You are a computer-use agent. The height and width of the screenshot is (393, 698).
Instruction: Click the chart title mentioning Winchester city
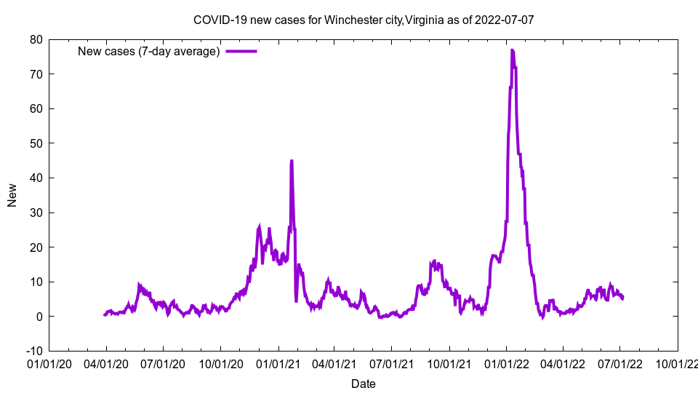click(x=364, y=20)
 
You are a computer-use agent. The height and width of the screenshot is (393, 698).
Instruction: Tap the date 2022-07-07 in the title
click(x=504, y=20)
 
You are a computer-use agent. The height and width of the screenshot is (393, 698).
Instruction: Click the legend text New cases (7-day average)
click(x=149, y=52)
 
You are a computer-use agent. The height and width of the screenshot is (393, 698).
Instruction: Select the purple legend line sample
click(x=241, y=52)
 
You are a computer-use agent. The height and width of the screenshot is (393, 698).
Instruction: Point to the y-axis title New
click(x=12, y=195)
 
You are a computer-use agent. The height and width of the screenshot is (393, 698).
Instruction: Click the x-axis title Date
click(x=364, y=384)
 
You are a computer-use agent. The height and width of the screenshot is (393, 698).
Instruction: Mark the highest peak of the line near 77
click(x=512, y=50)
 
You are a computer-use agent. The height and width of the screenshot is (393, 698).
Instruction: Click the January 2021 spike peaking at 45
click(x=292, y=161)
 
